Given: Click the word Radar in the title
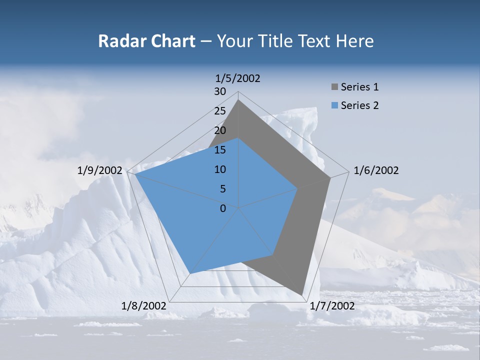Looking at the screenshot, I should click(x=118, y=41).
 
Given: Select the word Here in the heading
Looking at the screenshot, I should click(x=355, y=41).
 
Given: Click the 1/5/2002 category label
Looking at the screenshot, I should click(x=238, y=78).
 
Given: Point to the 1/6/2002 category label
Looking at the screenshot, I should click(x=376, y=170).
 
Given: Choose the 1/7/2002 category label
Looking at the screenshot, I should click(x=332, y=306).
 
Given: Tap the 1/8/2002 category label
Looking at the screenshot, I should click(x=144, y=306).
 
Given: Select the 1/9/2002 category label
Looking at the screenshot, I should click(x=100, y=170).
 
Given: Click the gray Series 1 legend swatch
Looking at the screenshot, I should click(x=334, y=87).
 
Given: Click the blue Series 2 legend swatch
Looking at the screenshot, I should click(x=334, y=105).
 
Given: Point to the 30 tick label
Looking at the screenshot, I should click(x=220, y=91).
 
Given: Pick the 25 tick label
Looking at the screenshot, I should click(x=220, y=111).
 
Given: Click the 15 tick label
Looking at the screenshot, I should click(x=220, y=150).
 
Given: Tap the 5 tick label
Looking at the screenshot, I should click(x=223, y=189).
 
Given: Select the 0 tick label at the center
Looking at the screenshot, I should click(x=223, y=208).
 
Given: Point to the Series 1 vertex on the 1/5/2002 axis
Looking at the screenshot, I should click(x=238, y=100).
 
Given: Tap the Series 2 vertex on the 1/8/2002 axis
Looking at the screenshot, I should click(x=190, y=273).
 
